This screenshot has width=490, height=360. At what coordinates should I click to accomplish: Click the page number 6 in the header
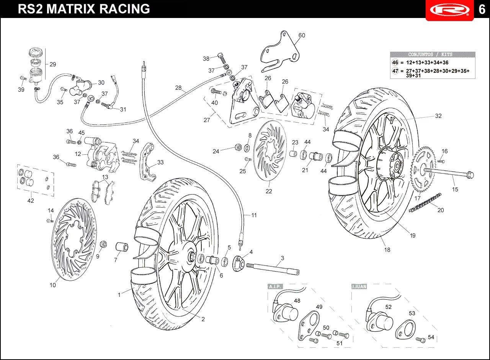482,10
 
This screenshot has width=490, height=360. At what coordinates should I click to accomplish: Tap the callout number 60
302,36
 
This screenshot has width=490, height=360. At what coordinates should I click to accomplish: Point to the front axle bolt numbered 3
273,267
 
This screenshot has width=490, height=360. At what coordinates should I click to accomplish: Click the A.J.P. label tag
275,286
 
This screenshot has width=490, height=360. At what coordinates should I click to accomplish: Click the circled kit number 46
395,62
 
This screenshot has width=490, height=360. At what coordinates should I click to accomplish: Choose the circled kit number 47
395,71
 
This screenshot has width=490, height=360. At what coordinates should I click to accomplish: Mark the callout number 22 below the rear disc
269,191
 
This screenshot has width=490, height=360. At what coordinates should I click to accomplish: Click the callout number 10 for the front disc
53,285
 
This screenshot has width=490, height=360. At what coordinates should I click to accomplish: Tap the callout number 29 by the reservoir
53,64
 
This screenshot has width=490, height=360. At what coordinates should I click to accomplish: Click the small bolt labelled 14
50,220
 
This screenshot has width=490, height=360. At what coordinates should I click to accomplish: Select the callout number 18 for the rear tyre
387,250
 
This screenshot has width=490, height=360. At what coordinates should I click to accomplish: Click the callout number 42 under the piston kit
31,201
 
